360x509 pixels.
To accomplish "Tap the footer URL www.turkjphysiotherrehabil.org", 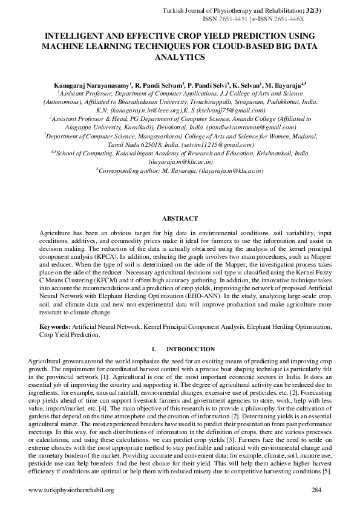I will tap(71, 489).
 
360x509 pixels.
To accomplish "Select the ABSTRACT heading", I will tap(180, 218).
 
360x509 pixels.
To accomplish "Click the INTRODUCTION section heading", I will tap(191, 349).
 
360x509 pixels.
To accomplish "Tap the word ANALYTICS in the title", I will tap(180, 56).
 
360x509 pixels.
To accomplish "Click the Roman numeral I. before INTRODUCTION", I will tap(155, 349).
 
